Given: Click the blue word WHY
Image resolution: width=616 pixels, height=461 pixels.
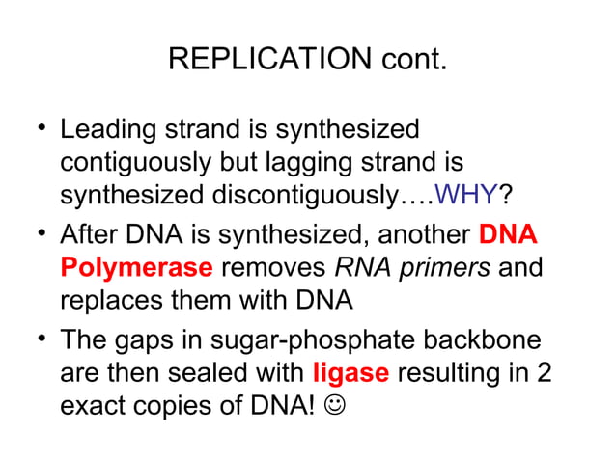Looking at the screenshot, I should pyautogui.click(x=466, y=196).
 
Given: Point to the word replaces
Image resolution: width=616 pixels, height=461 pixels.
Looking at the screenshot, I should pyautogui.click(x=111, y=300).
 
